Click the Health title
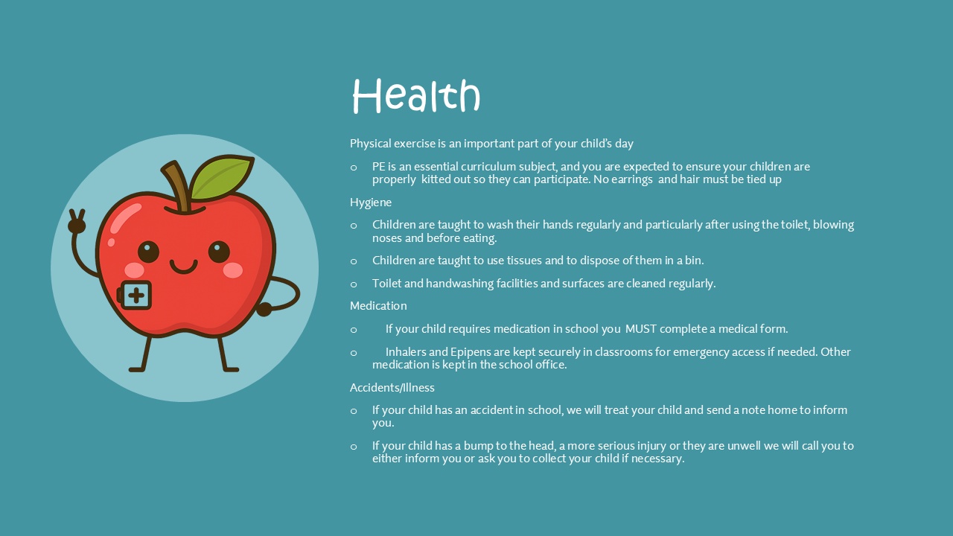point(416,96)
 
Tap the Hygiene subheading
point(371,202)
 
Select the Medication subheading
point(378,306)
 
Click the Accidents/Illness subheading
point(392,388)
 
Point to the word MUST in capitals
point(641,329)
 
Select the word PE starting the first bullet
point(379,166)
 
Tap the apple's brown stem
point(177,186)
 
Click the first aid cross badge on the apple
point(136,295)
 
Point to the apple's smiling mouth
point(183,267)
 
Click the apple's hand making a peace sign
point(77,221)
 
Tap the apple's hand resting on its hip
point(264,309)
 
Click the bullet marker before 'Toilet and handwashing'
point(354,284)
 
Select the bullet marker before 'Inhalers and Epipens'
point(354,353)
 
